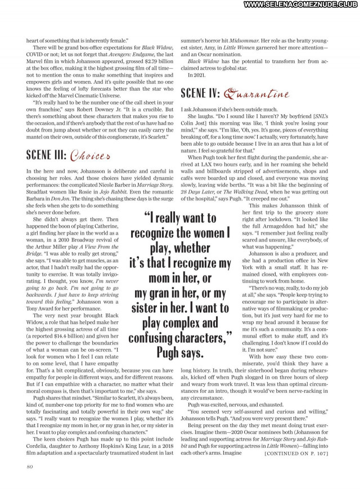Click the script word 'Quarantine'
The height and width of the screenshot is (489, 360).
coord(256,94)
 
